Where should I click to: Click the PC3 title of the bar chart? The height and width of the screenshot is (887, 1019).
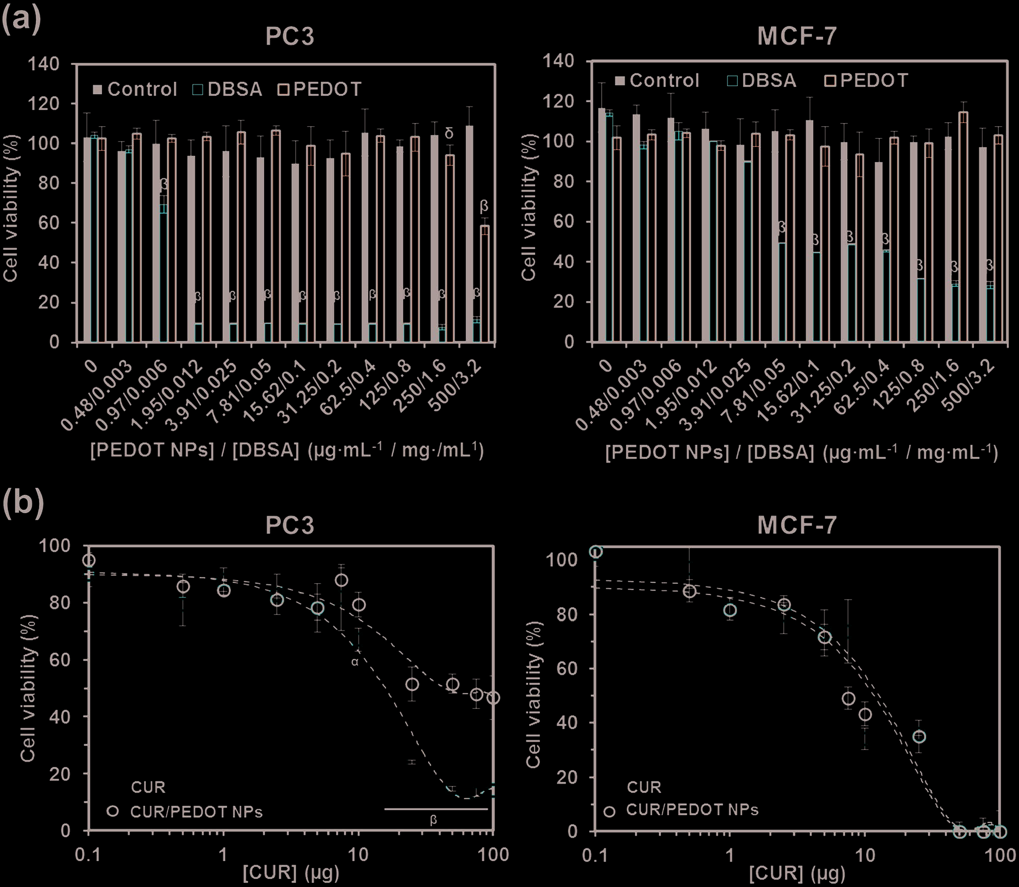(x=289, y=37)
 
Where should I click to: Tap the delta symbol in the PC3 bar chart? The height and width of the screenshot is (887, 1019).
(x=449, y=133)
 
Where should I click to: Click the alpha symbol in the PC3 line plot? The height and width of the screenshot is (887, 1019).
(x=355, y=662)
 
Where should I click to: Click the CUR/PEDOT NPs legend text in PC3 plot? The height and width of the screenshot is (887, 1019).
(x=196, y=812)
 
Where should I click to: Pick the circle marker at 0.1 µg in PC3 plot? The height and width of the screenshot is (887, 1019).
(x=89, y=560)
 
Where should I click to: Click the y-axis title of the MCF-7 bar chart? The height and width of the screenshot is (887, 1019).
(x=529, y=208)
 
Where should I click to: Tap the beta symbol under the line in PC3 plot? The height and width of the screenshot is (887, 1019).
(x=434, y=820)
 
